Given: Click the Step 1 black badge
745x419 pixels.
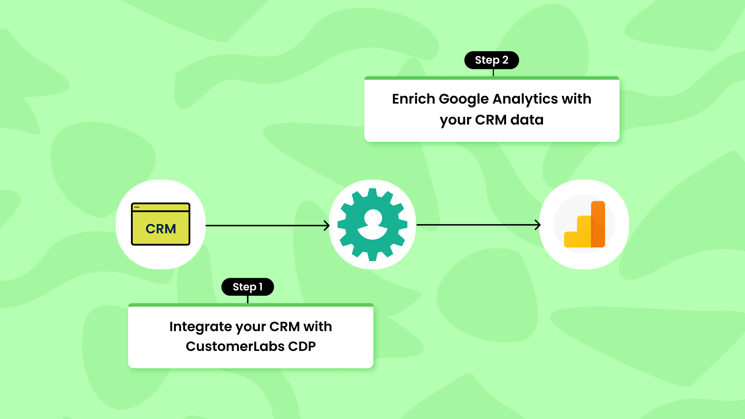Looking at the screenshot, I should point(247,287).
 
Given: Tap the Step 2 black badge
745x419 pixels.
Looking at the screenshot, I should point(492,60).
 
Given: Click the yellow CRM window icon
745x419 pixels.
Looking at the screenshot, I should point(161,224).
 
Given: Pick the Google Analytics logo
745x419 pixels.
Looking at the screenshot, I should point(584,224).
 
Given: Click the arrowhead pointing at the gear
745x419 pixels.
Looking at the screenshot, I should point(327,226).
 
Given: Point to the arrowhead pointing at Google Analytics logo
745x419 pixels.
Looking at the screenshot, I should point(538,225).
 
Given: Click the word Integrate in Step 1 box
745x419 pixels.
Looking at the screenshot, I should point(201,327).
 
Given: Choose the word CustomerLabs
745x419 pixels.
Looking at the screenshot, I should point(235,347).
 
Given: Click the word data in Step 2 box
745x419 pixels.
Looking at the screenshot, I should point(527,120).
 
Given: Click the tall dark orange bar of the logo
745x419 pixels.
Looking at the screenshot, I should point(598,224).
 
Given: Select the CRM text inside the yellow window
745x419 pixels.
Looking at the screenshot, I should point(161,229).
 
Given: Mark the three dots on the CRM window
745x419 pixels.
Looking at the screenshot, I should point(137,207).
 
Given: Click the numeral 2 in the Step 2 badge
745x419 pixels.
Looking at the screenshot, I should point(505,60).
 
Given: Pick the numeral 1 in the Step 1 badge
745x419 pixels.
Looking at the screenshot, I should point(261,287).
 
